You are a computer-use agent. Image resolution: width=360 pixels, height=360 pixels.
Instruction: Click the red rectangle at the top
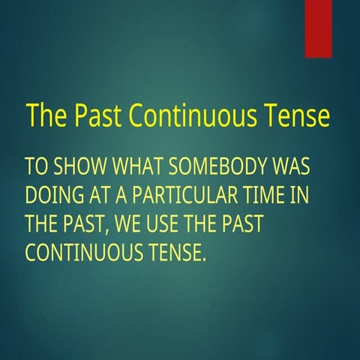point(318,28)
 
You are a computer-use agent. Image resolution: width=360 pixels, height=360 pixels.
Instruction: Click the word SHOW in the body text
point(79,166)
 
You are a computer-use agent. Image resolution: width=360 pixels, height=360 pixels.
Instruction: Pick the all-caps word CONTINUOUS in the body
point(82,253)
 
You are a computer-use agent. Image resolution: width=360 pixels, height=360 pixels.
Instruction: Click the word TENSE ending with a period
point(174,253)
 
